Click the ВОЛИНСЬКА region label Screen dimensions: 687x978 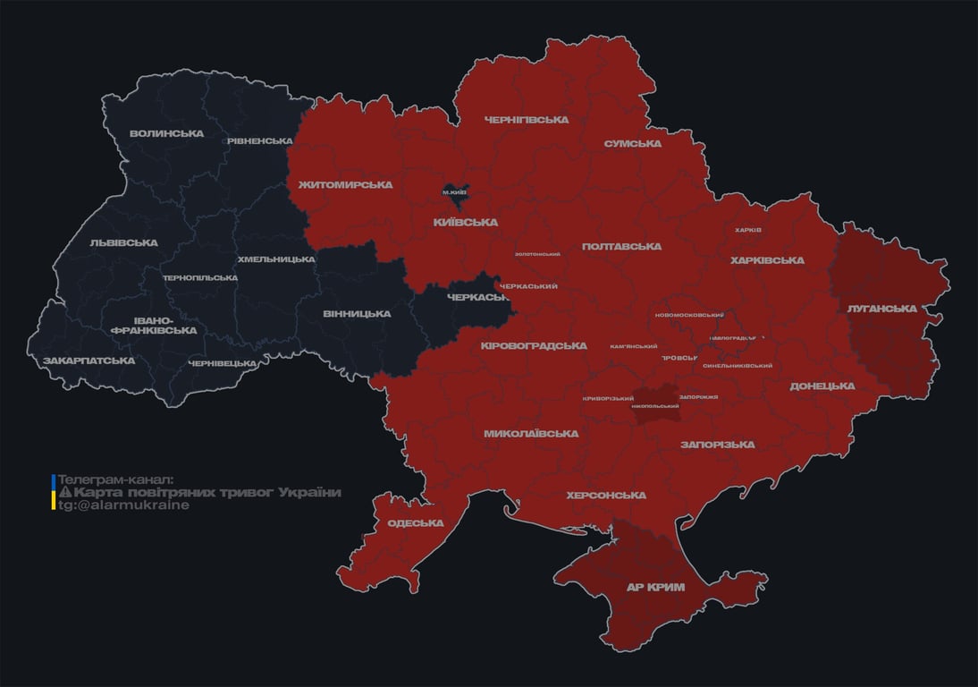166,134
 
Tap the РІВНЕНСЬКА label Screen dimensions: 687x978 259,141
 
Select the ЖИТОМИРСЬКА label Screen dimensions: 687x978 345,185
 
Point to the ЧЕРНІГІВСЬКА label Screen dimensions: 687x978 527,120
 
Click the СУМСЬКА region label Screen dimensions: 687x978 632,144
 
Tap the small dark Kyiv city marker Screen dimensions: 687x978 454,191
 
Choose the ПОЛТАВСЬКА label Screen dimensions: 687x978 621,247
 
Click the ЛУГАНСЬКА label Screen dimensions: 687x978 881,309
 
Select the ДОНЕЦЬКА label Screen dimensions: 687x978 822,386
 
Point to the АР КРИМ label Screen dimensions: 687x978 655,588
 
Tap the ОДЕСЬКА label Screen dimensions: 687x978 415,523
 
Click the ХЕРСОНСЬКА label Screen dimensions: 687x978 606,496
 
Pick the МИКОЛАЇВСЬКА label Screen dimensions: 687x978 531,434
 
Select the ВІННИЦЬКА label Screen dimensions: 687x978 357,314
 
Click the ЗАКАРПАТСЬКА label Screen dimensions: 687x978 89,361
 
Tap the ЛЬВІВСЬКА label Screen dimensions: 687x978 123,243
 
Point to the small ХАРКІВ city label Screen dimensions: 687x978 747,230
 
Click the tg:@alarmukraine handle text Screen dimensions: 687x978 123,505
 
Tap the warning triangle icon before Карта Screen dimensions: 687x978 65,493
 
